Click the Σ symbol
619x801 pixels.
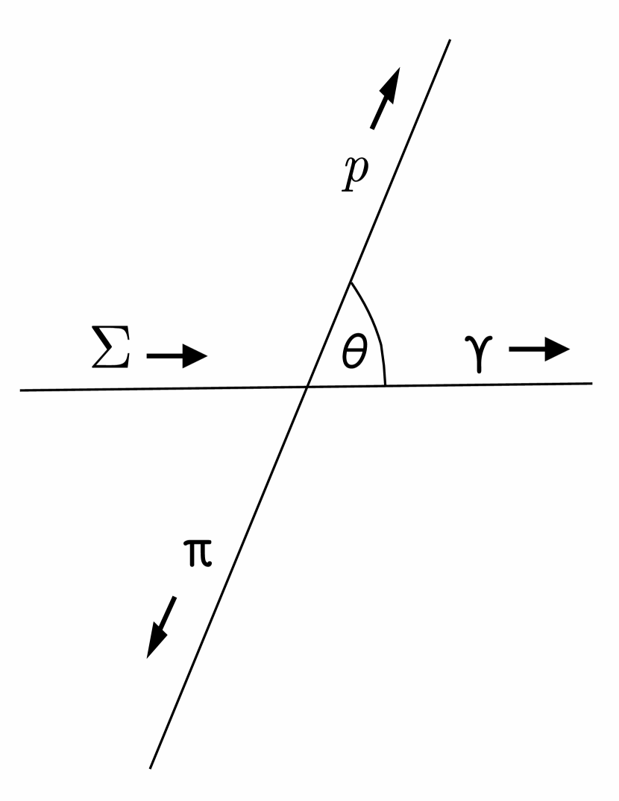pos(110,348)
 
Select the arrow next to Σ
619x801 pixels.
pos(176,356)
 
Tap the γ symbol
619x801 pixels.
pos(485,352)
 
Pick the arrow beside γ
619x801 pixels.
pos(539,349)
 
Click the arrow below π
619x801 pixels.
pos(161,627)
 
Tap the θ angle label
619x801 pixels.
pos(355,352)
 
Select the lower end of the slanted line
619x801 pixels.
pos(150,767)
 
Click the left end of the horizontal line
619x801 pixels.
pos(20,390)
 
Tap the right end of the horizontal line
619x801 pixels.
pos(592,383)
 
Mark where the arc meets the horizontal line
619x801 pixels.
pos(385,385)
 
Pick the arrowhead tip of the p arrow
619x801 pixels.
pos(399,68)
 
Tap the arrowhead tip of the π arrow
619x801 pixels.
pos(148,658)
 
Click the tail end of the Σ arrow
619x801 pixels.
pos(147,356)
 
